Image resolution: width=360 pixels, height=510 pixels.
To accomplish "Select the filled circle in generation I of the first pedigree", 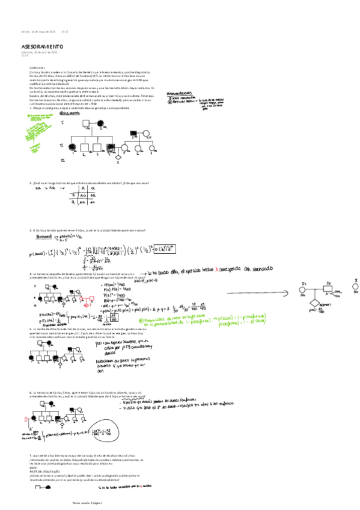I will coord(102,123).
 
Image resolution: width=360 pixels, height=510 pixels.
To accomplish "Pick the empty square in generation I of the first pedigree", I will coord(85,123).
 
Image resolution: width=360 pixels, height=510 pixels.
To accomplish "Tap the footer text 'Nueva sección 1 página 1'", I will coord(88,502).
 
